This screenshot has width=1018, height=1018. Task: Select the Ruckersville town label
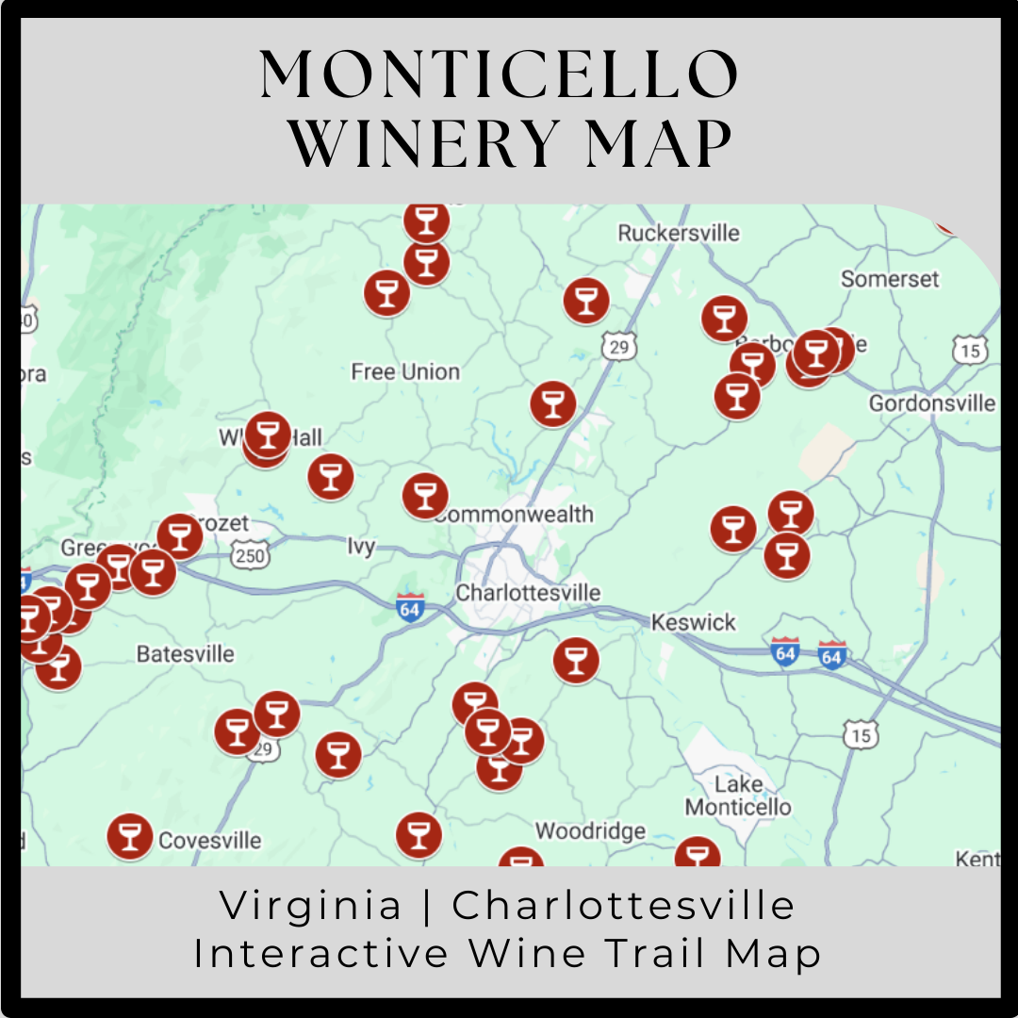pyautogui.click(x=679, y=233)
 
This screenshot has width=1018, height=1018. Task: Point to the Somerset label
pyautogui.click(x=890, y=279)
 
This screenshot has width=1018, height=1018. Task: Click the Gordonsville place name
pyautogui.click(x=931, y=403)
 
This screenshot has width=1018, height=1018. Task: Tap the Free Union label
pyautogui.click(x=405, y=372)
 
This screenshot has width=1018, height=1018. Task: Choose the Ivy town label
pyautogui.click(x=361, y=547)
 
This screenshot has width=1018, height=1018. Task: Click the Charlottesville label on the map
pyautogui.click(x=528, y=593)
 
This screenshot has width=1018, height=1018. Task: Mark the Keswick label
pyautogui.click(x=694, y=623)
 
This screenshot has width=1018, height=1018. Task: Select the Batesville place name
pyautogui.click(x=185, y=654)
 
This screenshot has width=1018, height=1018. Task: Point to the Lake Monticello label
pyautogui.click(x=738, y=796)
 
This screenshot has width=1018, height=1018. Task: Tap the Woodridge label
pyautogui.click(x=590, y=831)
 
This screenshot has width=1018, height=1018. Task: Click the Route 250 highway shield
pyautogui.click(x=250, y=555)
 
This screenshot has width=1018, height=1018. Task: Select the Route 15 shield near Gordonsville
pyautogui.click(x=970, y=351)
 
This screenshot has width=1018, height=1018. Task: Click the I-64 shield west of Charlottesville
pyautogui.click(x=410, y=608)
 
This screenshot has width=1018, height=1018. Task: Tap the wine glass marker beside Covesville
pyautogui.click(x=130, y=836)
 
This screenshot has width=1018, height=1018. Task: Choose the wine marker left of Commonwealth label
pyautogui.click(x=425, y=496)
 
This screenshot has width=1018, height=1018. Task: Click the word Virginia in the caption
pyautogui.click(x=310, y=907)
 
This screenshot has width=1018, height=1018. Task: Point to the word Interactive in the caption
pyautogui.click(x=321, y=954)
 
